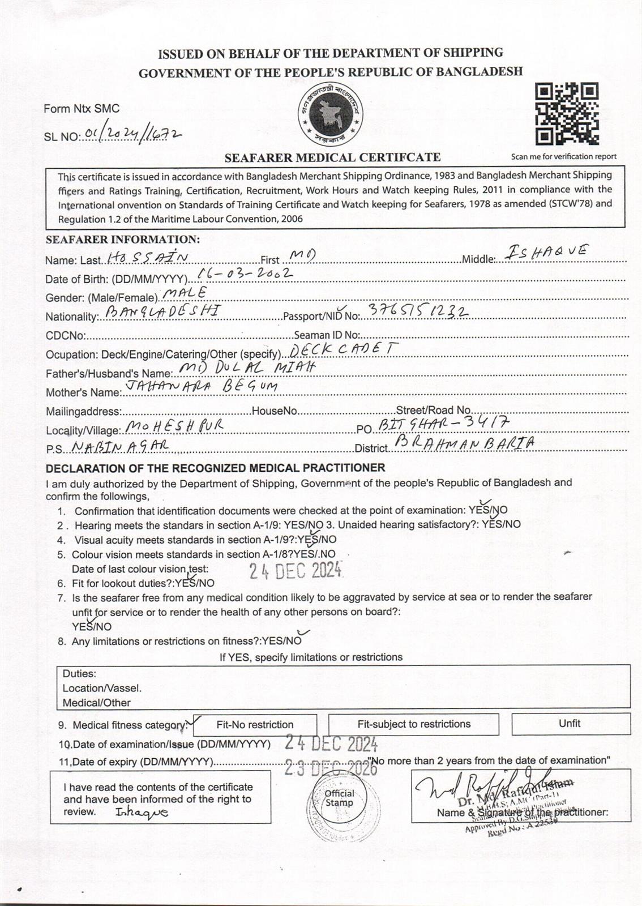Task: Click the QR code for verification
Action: (567, 114)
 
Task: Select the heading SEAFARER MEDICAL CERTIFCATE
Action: (332, 157)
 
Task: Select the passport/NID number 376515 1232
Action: (418, 311)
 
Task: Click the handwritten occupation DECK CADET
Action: (344, 349)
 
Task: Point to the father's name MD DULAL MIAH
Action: (246, 367)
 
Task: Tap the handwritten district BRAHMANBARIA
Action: (464, 443)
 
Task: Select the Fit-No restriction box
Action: (255, 724)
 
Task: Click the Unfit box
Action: (570, 723)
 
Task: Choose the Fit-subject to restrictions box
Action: (413, 724)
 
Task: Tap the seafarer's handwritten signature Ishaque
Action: (142, 813)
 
